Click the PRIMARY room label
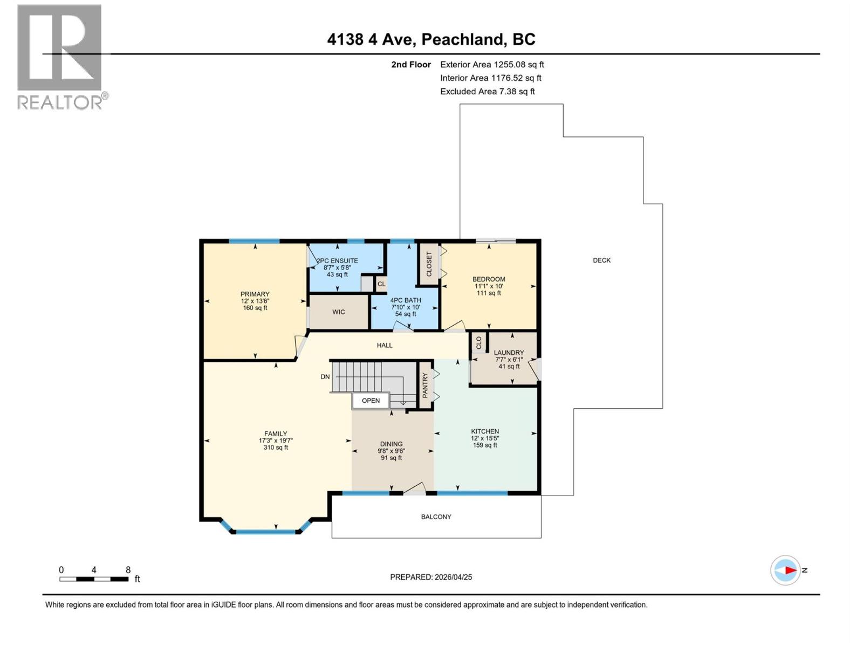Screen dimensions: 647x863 click(x=255, y=294)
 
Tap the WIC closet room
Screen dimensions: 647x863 click(x=338, y=312)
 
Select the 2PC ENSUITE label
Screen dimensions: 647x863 click(x=337, y=261)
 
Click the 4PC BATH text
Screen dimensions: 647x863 click(x=406, y=300)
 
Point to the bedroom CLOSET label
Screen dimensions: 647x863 click(x=429, y=264)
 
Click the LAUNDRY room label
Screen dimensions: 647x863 click(x=509, y=353)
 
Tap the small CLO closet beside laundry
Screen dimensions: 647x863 click(x=478, y=343)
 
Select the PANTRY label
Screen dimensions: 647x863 click(x=425, y=386)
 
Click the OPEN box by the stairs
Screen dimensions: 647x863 click(x=371, y=401)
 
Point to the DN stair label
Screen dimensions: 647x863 click(x=325, y=377)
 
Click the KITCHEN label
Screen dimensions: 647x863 click(x=485, y=431)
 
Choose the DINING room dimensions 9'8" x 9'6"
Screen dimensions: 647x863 click(x=391, y=451)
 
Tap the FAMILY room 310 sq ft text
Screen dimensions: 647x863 click(x=276, y=448)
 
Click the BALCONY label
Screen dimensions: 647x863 click(x=436, y=517)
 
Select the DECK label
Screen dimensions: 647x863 click(x=601, y=260)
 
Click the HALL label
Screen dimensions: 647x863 click(x=385, y=345)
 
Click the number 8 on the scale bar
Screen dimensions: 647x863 click(x=128, y=570)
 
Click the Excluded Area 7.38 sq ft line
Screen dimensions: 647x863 click(x=487, y=92)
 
